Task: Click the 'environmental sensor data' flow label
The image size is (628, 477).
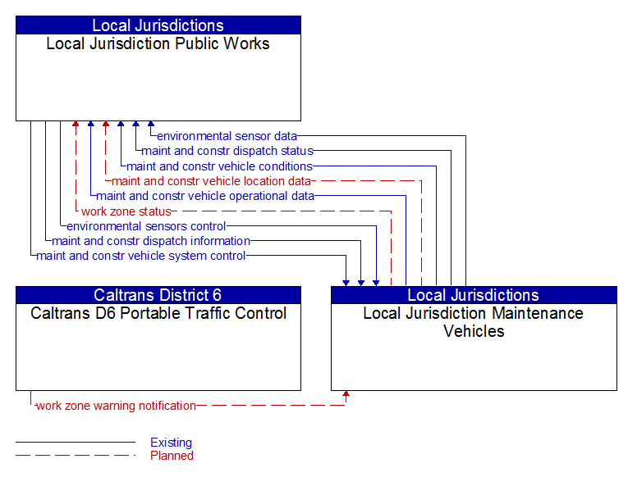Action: click(227, 136)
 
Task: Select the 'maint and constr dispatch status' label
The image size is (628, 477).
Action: click(227, 151)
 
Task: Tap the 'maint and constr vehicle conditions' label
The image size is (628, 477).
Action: click(219, 166)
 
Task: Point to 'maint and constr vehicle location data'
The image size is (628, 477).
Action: click(212, 181)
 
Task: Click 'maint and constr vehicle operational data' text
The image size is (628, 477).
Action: click(205, 196)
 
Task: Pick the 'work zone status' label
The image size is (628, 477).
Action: click(126, 211)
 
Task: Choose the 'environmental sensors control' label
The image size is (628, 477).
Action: click(146, 226)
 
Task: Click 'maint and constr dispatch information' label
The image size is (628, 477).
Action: click(151, 241)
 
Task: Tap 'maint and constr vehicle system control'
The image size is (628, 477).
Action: click(141, 256)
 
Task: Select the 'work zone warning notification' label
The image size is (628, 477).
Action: click(117, 406)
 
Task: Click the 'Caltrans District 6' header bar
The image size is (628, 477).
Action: click(158, 295)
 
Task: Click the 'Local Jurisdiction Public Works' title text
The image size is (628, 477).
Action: click(158, 43)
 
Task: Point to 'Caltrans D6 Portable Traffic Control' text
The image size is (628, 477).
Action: click(158, 313)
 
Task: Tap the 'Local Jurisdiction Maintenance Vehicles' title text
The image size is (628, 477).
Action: click(474, 322)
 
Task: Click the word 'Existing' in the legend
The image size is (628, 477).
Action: click(171, 443)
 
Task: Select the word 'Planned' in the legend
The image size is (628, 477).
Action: click(172, 456)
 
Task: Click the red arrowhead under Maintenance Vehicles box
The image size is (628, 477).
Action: click(346, 395)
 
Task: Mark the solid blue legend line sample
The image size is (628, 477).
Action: click(76, 443)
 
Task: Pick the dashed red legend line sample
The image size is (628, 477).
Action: click(76, 456)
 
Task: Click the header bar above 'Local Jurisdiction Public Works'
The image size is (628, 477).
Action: click(158, 25)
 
